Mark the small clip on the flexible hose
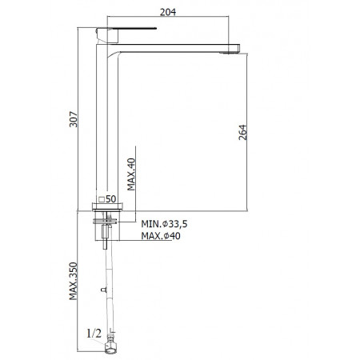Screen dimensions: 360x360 coord(102,287)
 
